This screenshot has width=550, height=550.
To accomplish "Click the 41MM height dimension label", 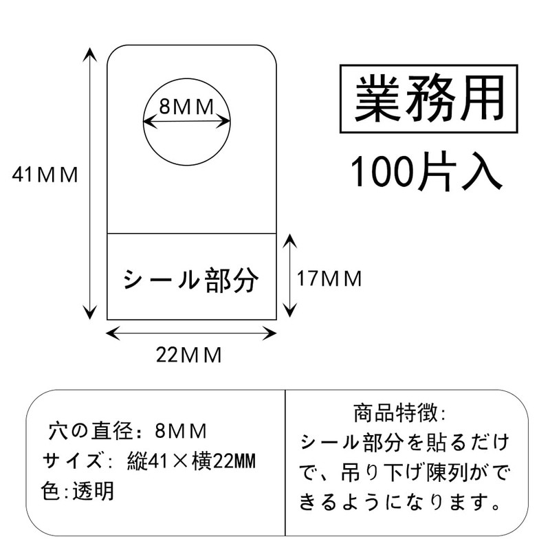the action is point(45,175).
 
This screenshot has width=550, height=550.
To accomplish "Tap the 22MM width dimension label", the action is point(188,355).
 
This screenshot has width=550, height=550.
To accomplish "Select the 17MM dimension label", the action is point(329,279).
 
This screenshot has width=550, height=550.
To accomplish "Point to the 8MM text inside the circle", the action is point(186,107).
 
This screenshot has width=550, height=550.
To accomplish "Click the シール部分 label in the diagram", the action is point(191,280).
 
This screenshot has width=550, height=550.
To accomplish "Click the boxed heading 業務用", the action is point(429,98).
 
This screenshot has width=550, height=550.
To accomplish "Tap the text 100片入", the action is point(426,171).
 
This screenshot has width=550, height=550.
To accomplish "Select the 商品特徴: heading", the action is point(399,413).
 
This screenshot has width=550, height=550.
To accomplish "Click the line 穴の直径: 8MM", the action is point(128,430).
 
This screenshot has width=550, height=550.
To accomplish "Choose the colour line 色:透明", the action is point(77,491).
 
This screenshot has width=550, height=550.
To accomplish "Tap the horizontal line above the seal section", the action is point(192,233).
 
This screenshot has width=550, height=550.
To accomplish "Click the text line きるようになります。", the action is point(400,502).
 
